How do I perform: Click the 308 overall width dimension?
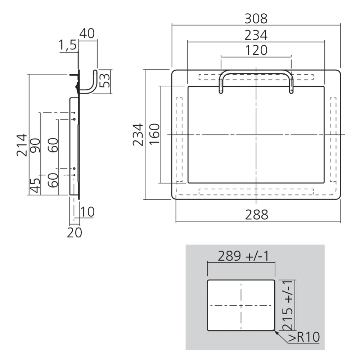pyautogui.click(x=256, y=18)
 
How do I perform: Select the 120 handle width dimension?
pyautogui.click(x=256, y=50)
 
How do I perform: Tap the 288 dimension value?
pyautogui.click(x=257, y=215)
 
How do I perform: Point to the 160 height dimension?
pyautogui.click(x=154, y=134)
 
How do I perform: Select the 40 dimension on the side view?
pyautogui.click(x=87, y=33)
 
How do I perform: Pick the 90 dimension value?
pyautogui.click(x=36, y=145)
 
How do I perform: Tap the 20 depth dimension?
pyautogui.click(x=75, y=233)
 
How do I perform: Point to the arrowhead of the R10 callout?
pyautogui.click(x=275, y=331)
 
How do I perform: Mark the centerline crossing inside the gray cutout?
pyautogui.click(x=241, y=305)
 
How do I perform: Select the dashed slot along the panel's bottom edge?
pyautogui.click(x=256, y=191)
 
